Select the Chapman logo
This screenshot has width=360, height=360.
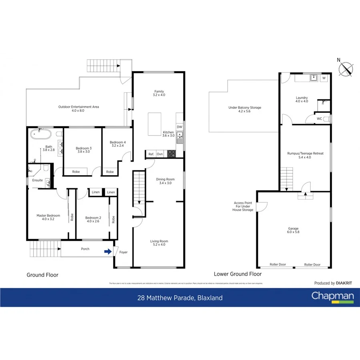(333, 297)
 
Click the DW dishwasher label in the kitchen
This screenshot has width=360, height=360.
(180, 127)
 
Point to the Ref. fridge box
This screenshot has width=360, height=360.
(151, 154)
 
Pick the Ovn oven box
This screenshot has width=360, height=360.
(160, 154)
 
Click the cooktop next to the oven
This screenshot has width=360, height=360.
(171, 154)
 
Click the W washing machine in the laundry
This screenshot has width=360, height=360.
(324, 78)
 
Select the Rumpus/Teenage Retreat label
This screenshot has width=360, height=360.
(305, 155)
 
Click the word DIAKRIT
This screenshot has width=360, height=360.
(345, 283)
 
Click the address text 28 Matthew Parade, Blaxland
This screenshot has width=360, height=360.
(180, 298)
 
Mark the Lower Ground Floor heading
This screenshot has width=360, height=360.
(238, 274)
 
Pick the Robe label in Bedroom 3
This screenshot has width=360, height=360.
(76, 172)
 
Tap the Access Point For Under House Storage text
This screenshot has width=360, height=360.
(243, 206)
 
